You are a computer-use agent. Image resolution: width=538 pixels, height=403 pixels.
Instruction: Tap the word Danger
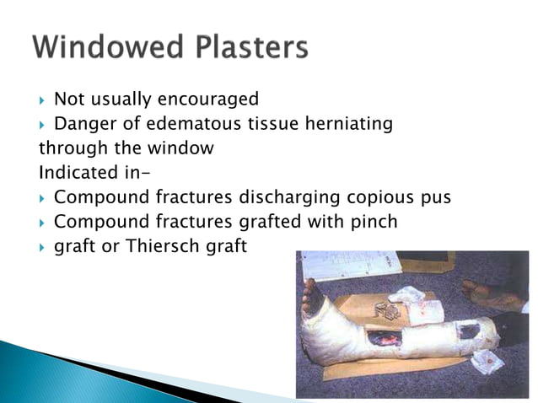coord(83,124)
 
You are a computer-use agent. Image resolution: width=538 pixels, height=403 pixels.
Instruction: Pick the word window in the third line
coord(184,148)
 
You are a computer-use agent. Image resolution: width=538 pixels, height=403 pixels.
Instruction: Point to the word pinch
coord(375,223)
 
